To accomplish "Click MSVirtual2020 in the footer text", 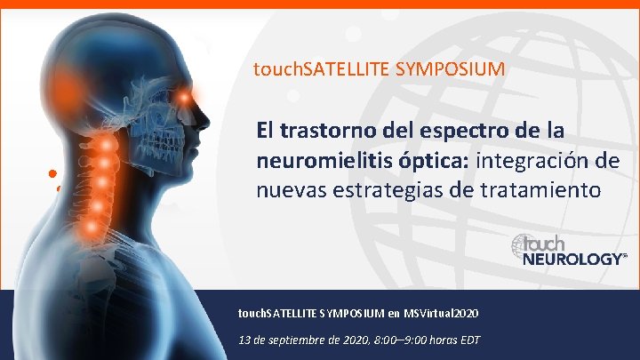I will click(441, 313).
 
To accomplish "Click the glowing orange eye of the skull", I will click(184, 95).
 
